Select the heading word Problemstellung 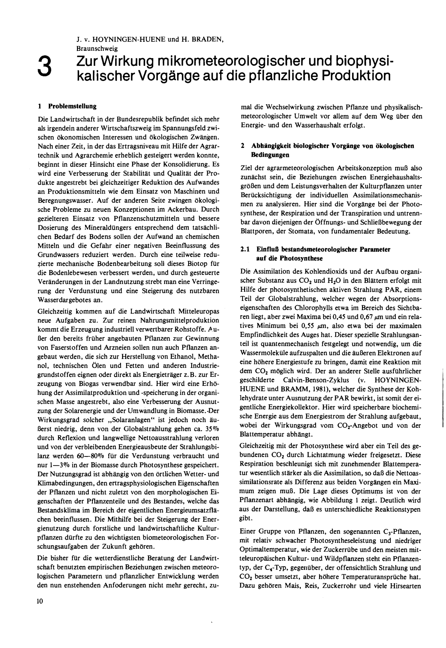point(72,106)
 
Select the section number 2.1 point(245,249)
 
